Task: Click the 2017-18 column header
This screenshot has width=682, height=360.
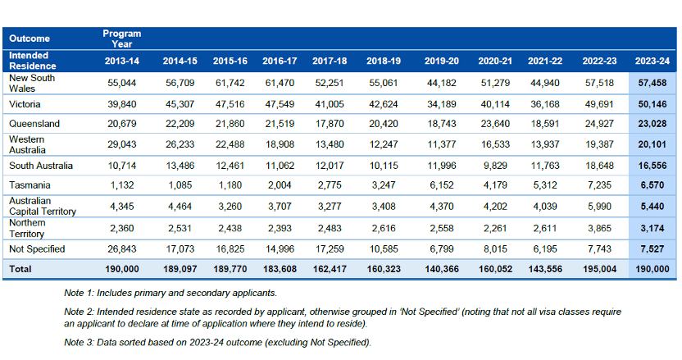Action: click(x=330, y=61)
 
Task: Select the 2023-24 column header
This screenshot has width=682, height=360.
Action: click(x=652, y=61)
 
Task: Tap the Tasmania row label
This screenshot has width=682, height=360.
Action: click(x=30, y=185)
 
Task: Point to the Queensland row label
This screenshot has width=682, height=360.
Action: click(x=34, y=124)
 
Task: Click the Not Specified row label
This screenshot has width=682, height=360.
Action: click(x=37, y=249)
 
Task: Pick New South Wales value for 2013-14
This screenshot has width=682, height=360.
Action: click(x=122, y=83)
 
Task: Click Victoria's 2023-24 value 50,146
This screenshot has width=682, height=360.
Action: click(x=652, y=104)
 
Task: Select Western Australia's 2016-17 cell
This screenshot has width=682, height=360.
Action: click(x=280, y=144)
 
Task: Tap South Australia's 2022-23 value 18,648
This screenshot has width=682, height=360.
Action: click(x=599, y=166)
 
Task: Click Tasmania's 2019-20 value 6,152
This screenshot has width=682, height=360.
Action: click(x=442, y=185)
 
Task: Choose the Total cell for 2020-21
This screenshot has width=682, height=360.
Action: click(x=495, y=269)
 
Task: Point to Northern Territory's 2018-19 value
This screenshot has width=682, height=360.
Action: click(x=384, y=228)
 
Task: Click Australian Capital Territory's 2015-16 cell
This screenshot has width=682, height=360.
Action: click(x=230, y=207)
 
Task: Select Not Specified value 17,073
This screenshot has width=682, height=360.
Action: click(x=180, y=249)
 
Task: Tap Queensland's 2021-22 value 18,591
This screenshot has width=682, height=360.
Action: click(x=545, y=124)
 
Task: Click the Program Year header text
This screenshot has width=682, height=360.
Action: click(x=122, y=39)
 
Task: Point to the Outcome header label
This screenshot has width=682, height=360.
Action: click(x=30, y=39)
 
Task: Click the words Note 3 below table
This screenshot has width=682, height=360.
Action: click(x=79, y=343)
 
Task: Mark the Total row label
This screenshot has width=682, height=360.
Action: click(x=20, y=269)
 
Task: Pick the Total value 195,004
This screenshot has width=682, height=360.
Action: click(x=599, y=269)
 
